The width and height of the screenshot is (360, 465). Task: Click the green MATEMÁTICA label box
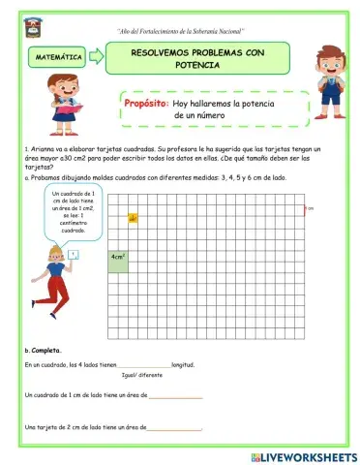coord(59,58)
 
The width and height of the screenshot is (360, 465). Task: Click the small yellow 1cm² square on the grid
coord(131,219)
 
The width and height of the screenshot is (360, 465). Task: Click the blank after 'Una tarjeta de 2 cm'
coord(174,427)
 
